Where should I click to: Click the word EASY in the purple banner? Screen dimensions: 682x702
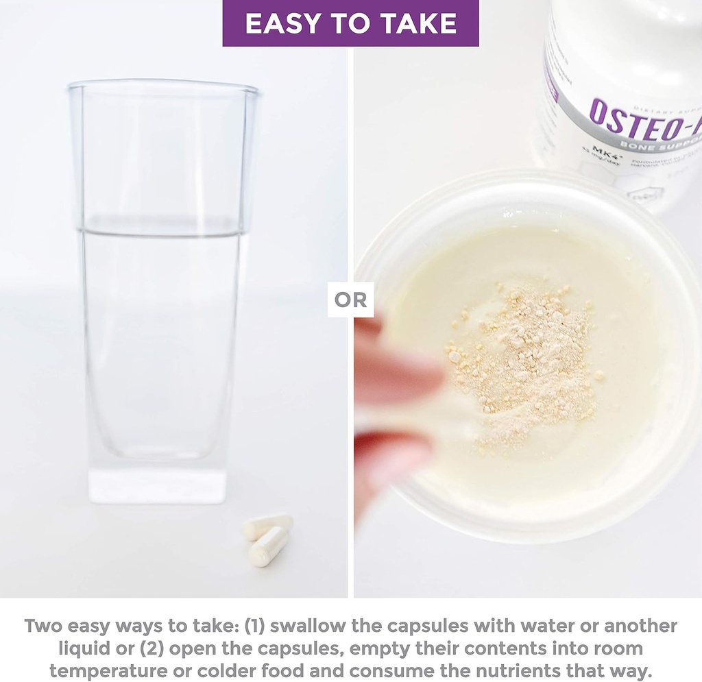(x=279, y=24)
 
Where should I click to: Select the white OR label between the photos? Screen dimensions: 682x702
(x=350, y=300)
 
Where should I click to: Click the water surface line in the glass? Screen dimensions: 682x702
(x=162, y=232)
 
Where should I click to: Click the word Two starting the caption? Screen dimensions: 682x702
(x=44, y=626)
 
